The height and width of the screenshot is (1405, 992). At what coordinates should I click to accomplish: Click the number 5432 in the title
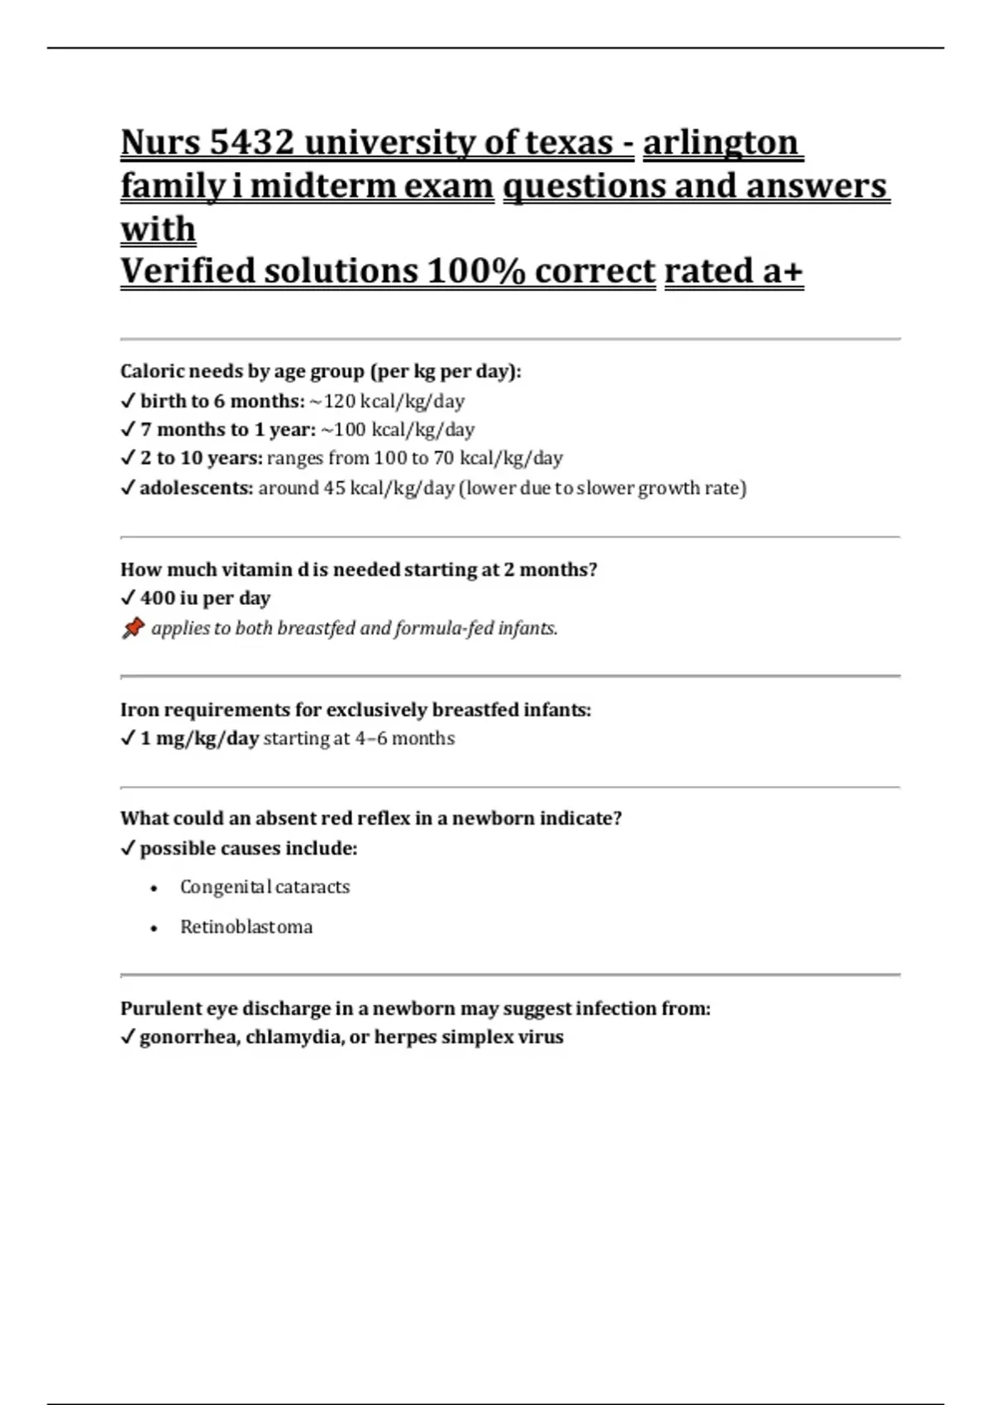pyautogui.click(x=251, y=143)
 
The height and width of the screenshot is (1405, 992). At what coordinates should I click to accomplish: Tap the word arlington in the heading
pyautogui.click(x=722, y=143)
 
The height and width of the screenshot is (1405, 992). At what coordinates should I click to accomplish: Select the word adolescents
pyautogui.click(x=196, y=488)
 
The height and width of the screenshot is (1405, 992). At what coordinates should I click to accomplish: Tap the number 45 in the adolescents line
pyautogui.click(x=334, y=488)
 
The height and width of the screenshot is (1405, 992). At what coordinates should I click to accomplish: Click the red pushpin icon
pyautogui.click(x=132, y=629)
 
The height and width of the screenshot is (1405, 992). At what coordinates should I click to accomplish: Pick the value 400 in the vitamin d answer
pyautogui.click(x=157, y=598)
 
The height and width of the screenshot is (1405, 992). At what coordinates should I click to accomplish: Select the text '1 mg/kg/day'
pyautogui.click(x=199, y=739)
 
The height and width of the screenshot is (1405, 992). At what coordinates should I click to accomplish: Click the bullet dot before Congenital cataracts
pyautogui.click(x=155, y=888)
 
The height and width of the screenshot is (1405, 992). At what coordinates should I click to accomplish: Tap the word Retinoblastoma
pyautogui.click(x=246, y=927)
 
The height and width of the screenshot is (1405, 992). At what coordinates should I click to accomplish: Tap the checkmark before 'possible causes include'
pyautogui.click(x=127, y=849)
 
